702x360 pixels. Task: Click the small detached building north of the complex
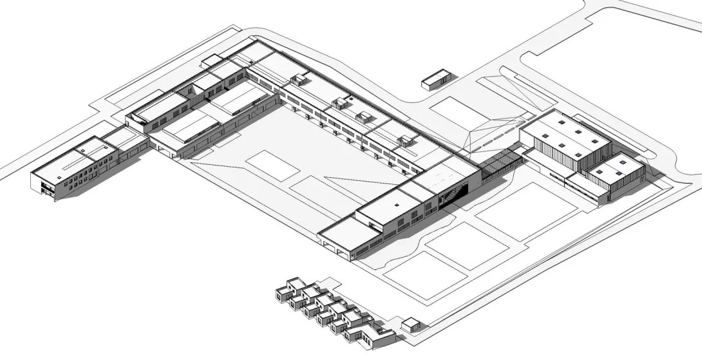(437, 79)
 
